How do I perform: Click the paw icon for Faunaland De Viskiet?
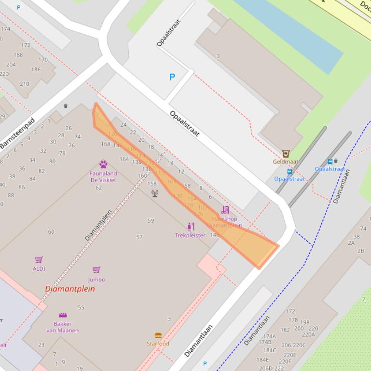coord(103,164)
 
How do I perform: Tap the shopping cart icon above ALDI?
coord(39,260)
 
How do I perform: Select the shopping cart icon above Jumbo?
coord(96,270)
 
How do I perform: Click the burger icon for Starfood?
coord(158,335)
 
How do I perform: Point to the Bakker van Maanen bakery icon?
coord(62,316)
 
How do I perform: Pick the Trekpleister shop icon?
coord(191,226)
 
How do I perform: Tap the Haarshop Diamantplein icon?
coord(225,210)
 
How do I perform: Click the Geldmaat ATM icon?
coord(286,154)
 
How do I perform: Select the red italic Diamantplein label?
coord(70,289)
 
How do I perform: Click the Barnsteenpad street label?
coord(18,133)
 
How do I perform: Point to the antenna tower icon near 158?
coord(155,193)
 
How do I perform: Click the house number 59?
coord(151,221)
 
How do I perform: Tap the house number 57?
coord(139,237)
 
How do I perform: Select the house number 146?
coord(215,235)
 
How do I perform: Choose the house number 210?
coord(24,84)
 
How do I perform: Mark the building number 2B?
coord(361,251)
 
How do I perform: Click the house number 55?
coord(81,307)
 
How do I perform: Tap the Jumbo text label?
coord(96,280)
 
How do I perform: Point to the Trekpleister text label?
coord(190,236)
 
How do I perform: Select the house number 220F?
coord(285,361)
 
